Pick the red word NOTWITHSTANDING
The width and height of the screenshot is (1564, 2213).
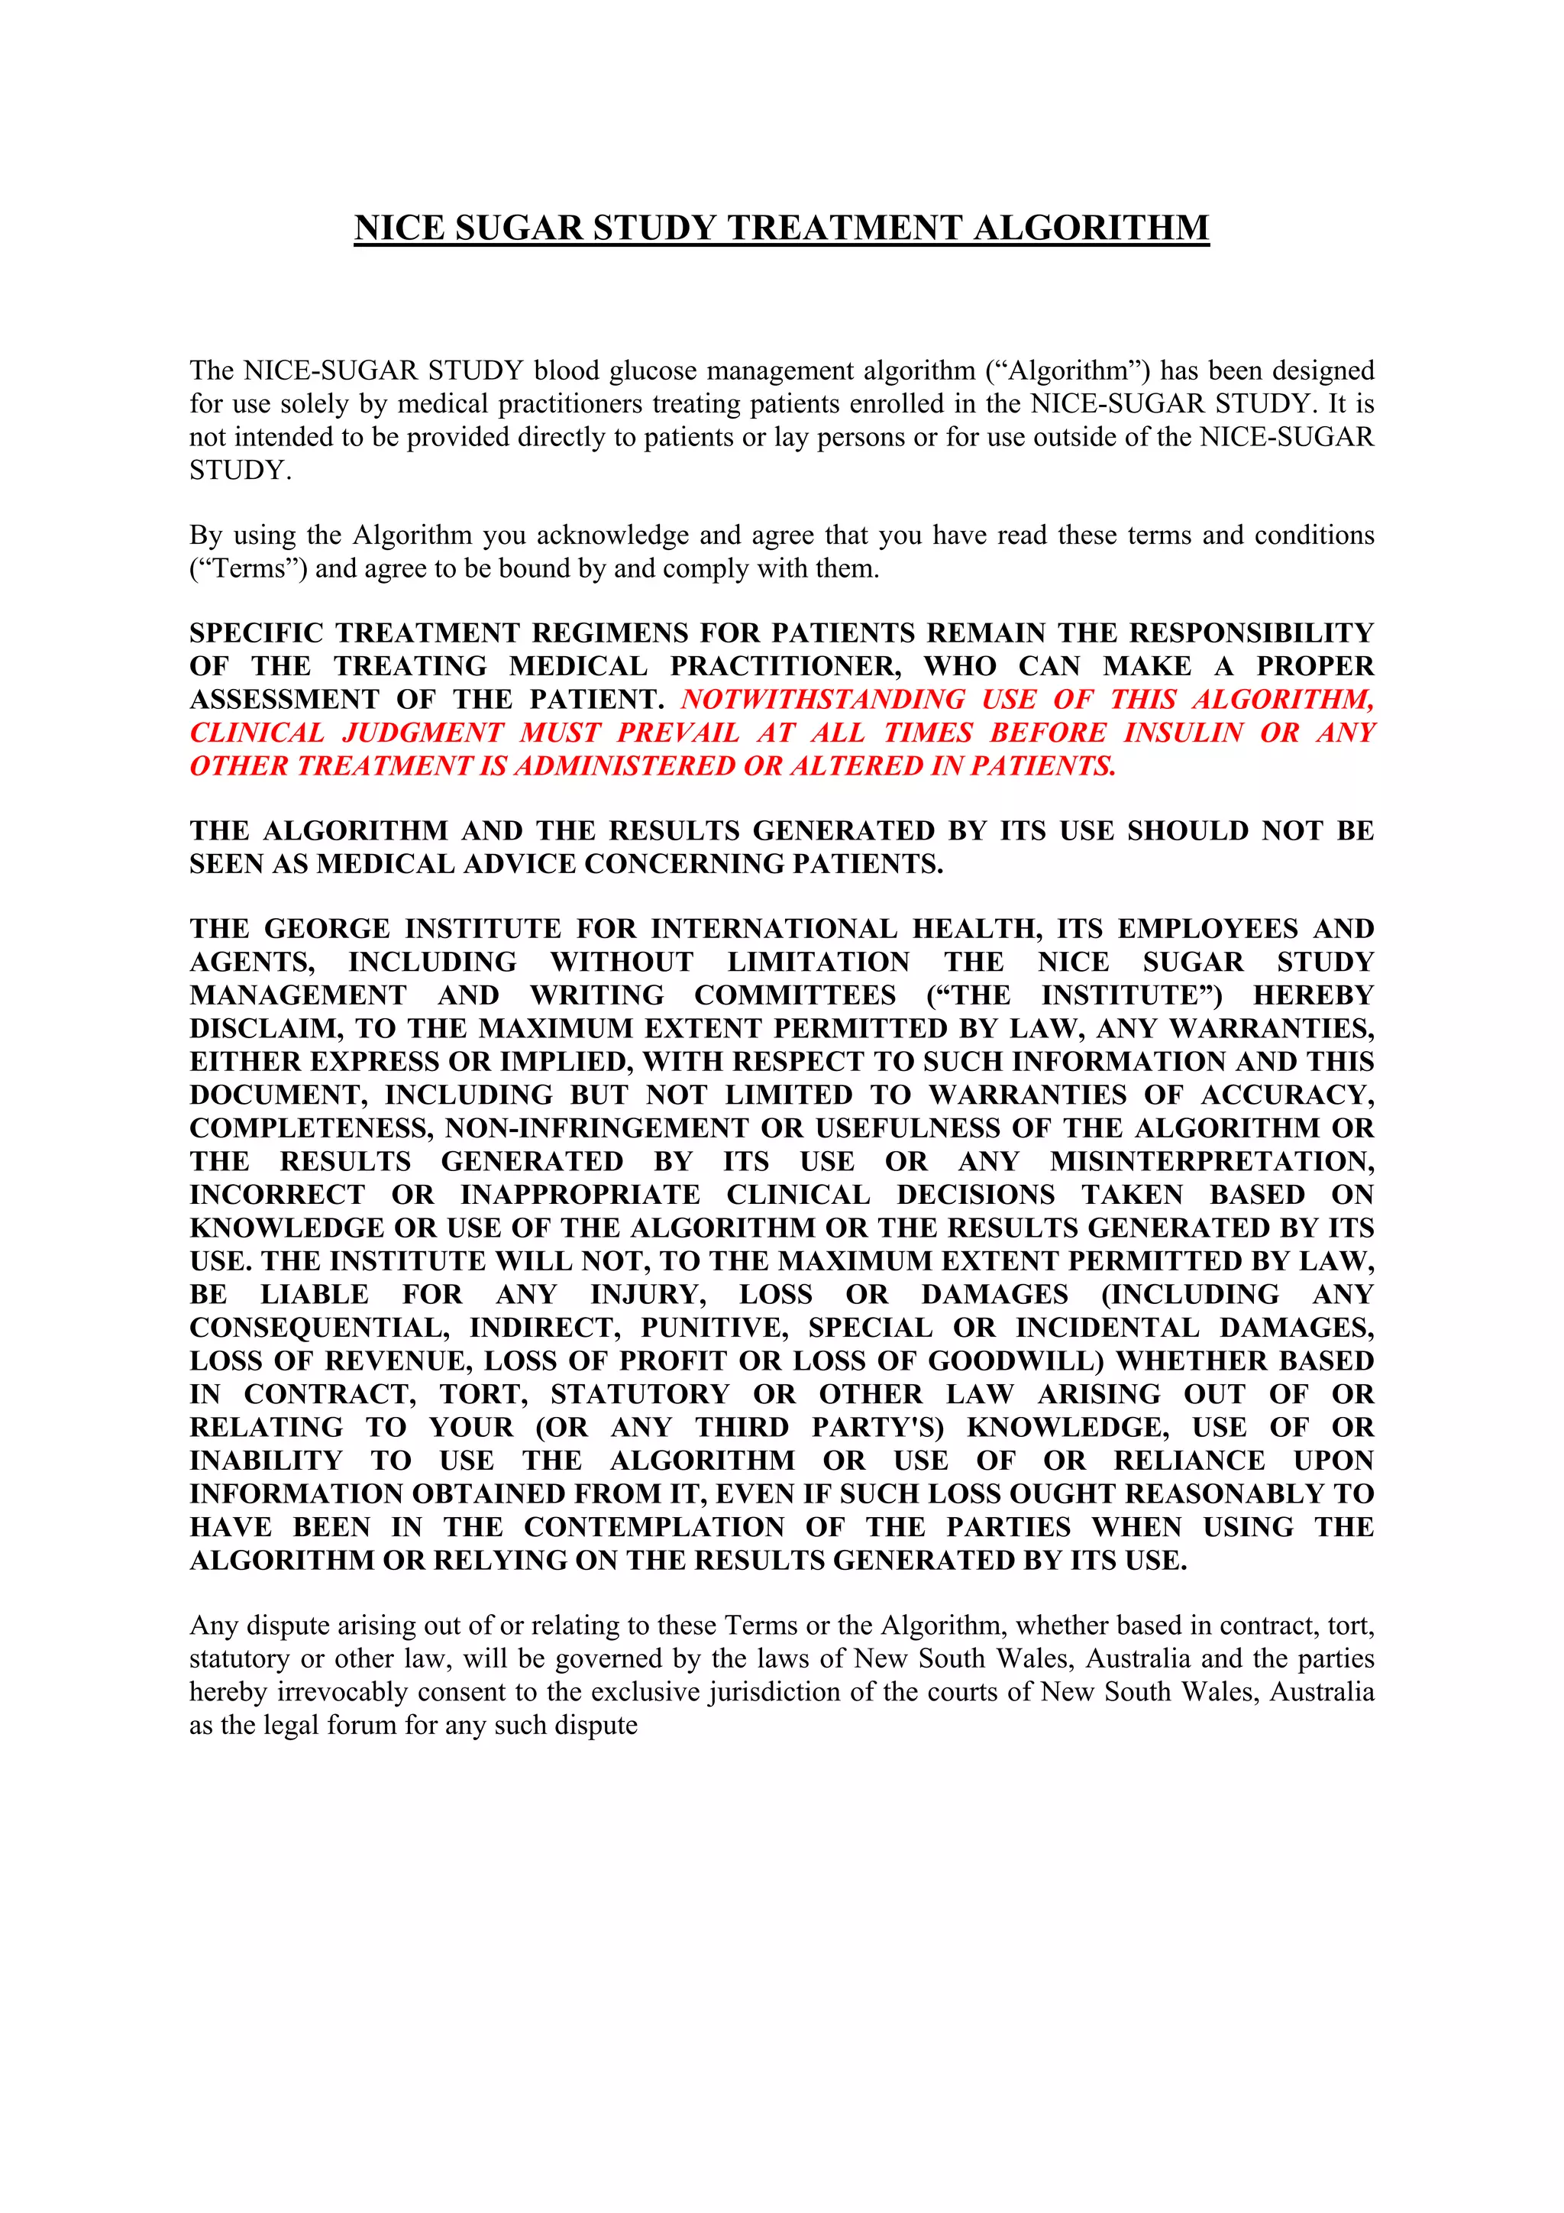pyautogui.click(x=823, y=699)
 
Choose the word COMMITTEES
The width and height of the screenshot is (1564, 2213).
pyautogui.click(x=795, y=995)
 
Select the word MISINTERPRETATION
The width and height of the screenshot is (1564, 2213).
pyautogui.click(x=1211, y=1161)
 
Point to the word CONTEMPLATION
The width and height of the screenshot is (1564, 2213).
pyautogui.click(x=654, y=1527)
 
